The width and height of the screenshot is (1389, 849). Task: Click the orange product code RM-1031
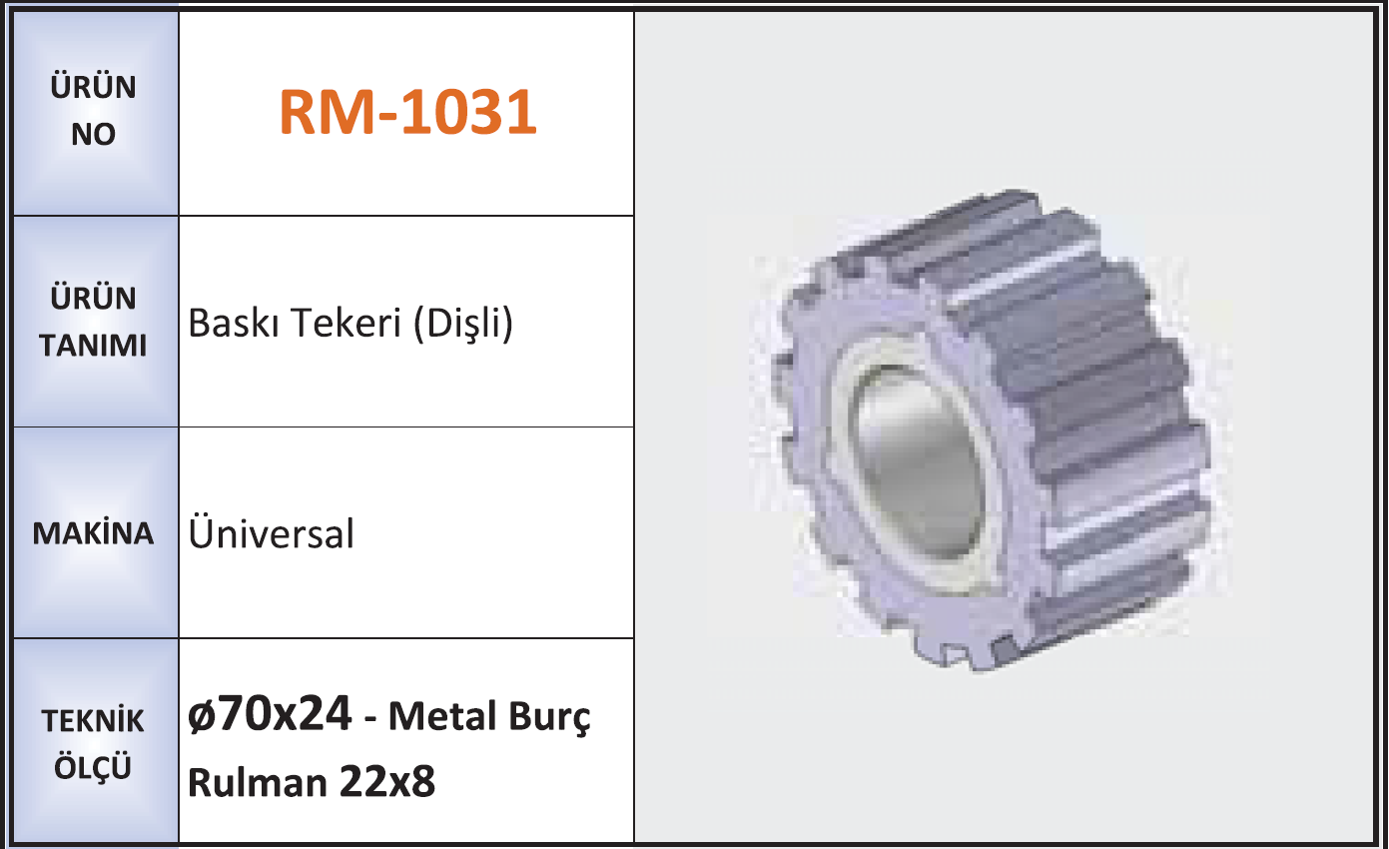tap(408, 112)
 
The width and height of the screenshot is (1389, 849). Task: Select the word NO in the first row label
tap(93, 134)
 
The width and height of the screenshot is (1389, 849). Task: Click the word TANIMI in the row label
tap(93, 346)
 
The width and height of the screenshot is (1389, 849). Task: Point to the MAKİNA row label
tap(93, 532)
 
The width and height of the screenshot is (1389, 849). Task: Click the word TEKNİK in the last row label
tap(93, 720)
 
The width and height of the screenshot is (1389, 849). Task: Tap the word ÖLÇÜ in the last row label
tap(93, 766)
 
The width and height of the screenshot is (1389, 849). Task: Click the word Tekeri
tap(347, 323)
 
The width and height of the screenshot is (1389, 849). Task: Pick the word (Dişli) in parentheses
tap(463, 325)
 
